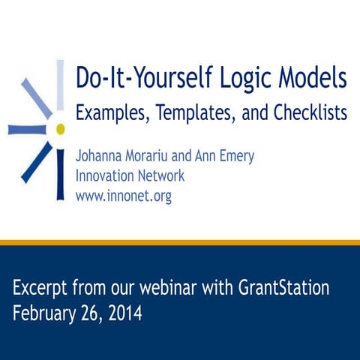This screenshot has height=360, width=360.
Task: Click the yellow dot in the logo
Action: pyautogui.click(x=60, y=129)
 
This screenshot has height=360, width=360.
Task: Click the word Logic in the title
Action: pyautogui.click(x=235, y=78)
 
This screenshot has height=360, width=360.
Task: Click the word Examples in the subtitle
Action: pyautogui.click(x=111, y=113)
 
